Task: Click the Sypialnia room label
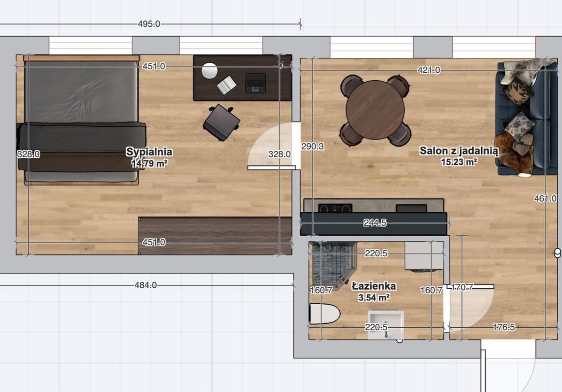click(x=149, y=152)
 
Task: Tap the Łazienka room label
click(x=374, y=286)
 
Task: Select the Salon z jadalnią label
click(x=459, y=151)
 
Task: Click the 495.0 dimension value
click(x=149, y=24)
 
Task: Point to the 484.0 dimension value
click(x=146, y=285)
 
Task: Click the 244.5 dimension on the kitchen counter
click(x=375, y=223)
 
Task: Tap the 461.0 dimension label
click(x=545, y=198)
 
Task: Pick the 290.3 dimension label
click(x=313, y=146)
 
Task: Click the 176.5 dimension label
click(x=504, y=327)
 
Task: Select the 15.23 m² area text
click(x=459, y=162)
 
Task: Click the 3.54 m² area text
click(x=374, y=298)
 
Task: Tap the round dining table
click(x=375, y=110)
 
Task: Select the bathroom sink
click(x=386, y=325)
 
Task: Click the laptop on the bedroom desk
click(x=255, y=83)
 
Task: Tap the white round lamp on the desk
click(x=209, y=70)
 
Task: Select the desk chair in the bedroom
click(x=222, y=122)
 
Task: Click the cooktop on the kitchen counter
click(x=335, y=208)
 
